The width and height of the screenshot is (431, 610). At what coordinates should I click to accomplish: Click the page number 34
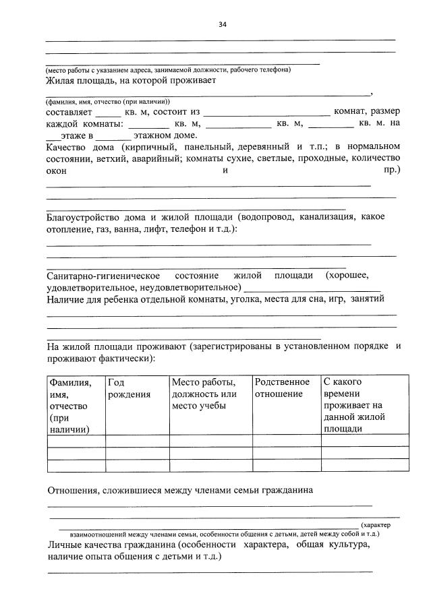click(x=222, y=25)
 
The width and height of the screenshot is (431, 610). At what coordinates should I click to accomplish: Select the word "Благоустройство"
click(x=86, y=217)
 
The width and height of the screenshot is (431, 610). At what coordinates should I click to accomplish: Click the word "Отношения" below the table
click(x=74, y=490)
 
